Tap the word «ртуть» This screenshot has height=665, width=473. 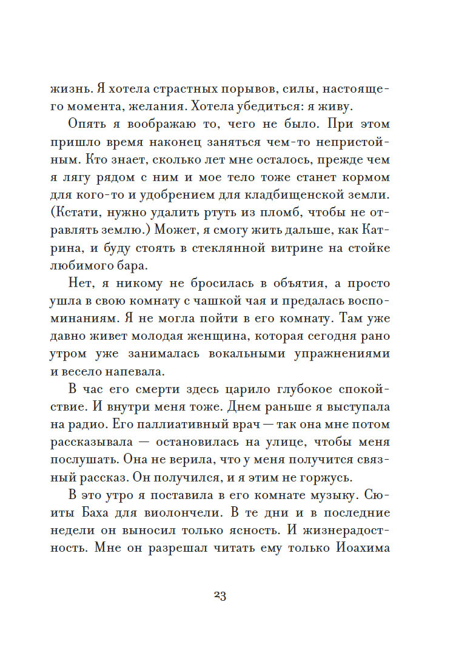(x=208, y=213)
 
